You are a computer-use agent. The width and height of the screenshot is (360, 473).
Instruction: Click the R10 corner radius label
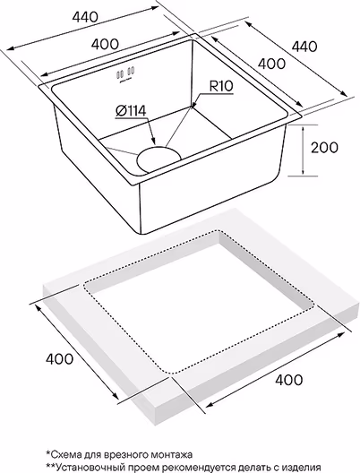click(221, 86)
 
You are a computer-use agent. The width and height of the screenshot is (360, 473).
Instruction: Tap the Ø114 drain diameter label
click(131, 111)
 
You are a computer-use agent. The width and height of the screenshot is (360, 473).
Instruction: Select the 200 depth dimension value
click(324, 148)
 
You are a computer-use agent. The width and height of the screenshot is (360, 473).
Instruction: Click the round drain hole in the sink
click(159, 159)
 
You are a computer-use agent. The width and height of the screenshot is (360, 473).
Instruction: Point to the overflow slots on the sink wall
click(125, 73)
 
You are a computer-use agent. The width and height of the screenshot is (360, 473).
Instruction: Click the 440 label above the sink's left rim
click(85, 17)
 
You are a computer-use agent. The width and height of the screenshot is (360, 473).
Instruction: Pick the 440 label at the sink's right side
click(304, 47)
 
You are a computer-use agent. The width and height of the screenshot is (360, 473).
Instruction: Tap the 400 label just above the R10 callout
click(271, 64)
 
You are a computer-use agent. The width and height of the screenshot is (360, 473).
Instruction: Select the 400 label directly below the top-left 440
click(105, 45)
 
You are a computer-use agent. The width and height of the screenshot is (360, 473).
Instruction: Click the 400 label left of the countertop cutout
click(59, 358)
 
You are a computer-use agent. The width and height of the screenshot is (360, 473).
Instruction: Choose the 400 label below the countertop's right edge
click(288, 380)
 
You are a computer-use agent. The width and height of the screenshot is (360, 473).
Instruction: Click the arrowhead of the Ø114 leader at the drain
click(153, 142)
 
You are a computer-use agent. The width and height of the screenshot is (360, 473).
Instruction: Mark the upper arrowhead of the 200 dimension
click(304, 128)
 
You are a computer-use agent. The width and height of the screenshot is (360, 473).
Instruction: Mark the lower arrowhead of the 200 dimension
click(304, 172)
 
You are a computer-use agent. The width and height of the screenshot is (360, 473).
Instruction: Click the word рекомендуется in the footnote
click(193, 467)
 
